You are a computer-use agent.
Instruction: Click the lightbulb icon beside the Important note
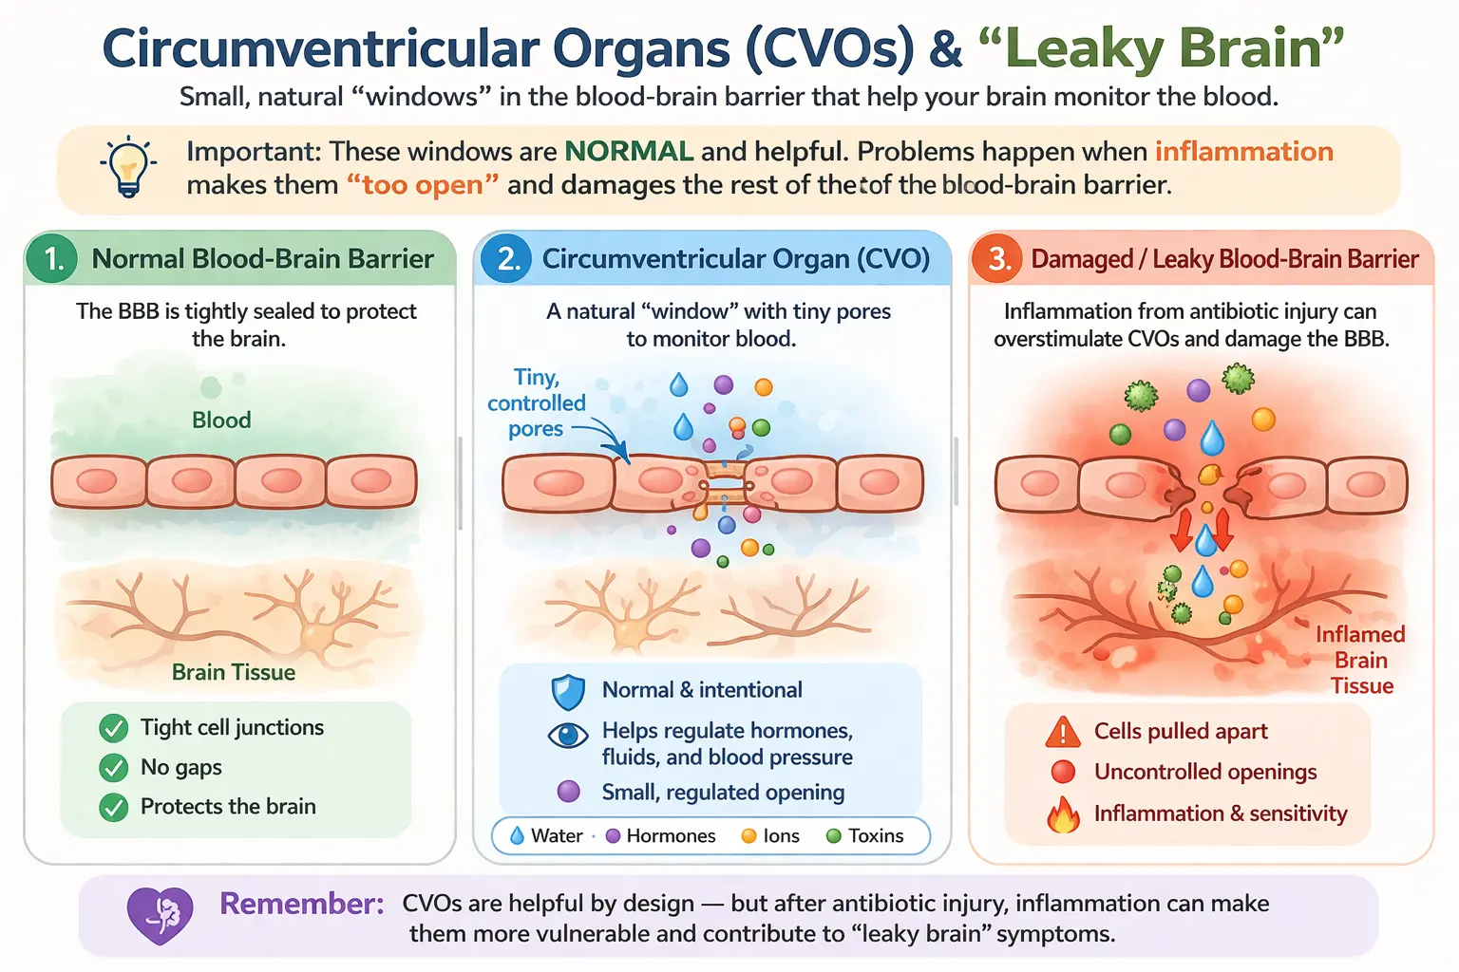[128, 167]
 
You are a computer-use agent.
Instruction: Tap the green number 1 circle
[54, 259]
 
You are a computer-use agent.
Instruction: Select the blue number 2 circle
[508, 259]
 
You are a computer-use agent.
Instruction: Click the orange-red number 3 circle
[997, 259]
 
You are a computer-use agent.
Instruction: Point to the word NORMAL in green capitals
[629, 152]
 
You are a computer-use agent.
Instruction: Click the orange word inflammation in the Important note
[1243, 152]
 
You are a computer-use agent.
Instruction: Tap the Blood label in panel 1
[221, 421]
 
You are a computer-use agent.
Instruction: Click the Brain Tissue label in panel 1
[234, 672]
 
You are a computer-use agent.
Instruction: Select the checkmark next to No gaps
[114, 768]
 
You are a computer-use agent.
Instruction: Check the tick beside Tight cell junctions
[114, 728]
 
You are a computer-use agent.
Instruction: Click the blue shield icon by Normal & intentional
[568, 692]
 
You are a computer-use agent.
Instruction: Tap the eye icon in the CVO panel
[568, 736]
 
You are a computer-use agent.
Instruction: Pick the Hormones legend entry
[661, 836]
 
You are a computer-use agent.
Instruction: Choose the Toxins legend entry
[865, 836]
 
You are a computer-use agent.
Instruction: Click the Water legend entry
[547, 836]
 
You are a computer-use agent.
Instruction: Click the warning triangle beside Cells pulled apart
[1063, 732]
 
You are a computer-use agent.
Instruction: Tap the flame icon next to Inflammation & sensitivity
[1063, 814]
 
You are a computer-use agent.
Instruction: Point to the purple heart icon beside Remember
[160, 914]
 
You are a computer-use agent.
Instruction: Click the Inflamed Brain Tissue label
[1360, 661]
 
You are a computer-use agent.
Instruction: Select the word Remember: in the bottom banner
[302, 904]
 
